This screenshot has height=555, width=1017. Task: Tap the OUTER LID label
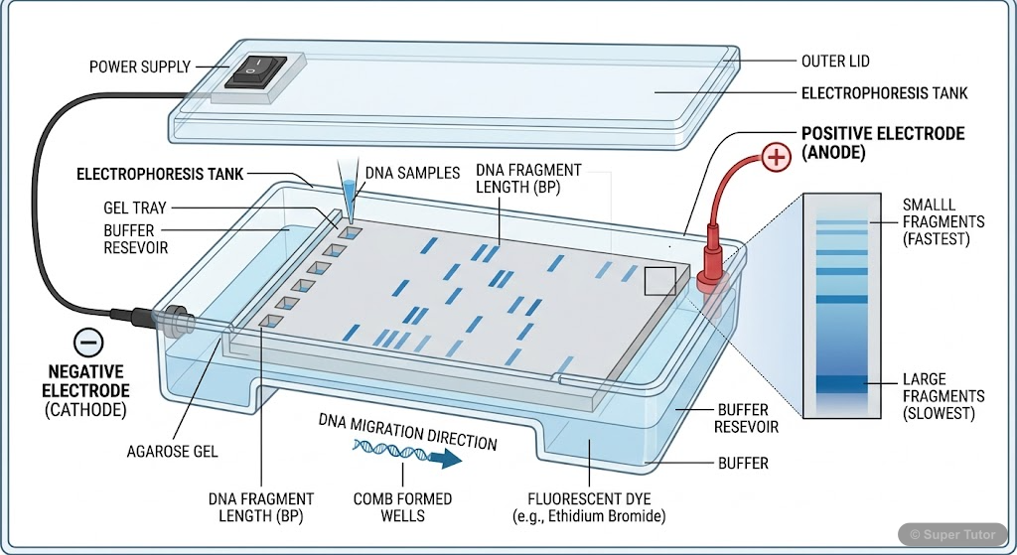[835, 62]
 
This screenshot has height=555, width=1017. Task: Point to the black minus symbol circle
[88, 343]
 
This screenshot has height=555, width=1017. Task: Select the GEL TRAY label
[137, 208]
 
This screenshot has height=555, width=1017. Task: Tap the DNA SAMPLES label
[412, 173]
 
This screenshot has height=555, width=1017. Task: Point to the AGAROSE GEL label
[172, 452]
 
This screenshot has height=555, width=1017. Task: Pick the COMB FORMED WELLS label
[402, 507]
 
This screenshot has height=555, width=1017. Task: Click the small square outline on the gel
[659, 281]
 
